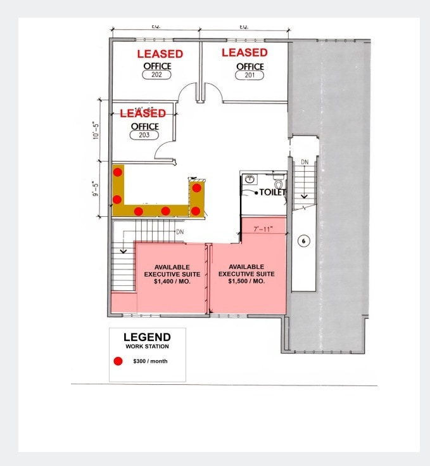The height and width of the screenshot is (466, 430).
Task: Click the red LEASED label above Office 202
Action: pos(160,54)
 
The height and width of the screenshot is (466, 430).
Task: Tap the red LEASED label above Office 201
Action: pos(244,53)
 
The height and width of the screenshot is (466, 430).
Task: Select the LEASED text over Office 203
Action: pos(142,113)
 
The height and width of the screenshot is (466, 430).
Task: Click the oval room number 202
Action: pos(156,75)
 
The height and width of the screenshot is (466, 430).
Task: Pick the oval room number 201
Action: pos(250,75)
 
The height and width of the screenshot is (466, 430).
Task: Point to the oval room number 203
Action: pos(144,134)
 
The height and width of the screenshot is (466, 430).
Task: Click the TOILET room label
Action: pos(270,192)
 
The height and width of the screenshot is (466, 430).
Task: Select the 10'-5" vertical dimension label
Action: pos(97,128)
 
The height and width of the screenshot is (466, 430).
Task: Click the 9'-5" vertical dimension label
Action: pos(97,190)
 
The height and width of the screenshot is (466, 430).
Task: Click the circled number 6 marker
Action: pos(303,241)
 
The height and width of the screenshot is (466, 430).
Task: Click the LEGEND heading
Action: pos(147,337)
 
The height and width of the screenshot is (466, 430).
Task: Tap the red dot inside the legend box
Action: pos(118,361)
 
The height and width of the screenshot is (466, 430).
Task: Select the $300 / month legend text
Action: pos(150,361)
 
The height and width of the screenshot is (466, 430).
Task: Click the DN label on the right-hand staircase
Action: pos(304,162)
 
